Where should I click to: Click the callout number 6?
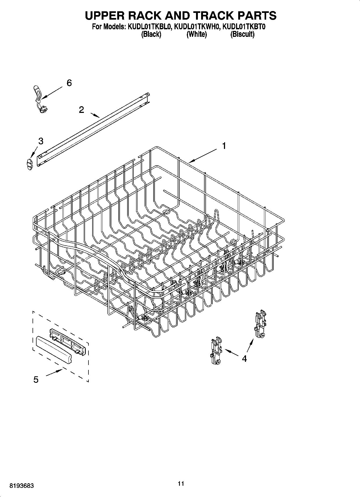(69, 83)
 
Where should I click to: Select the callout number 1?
(224, 146)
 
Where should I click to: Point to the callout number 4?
(244, 358)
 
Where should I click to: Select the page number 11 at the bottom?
(181, 484)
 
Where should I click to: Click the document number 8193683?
(22, 486)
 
